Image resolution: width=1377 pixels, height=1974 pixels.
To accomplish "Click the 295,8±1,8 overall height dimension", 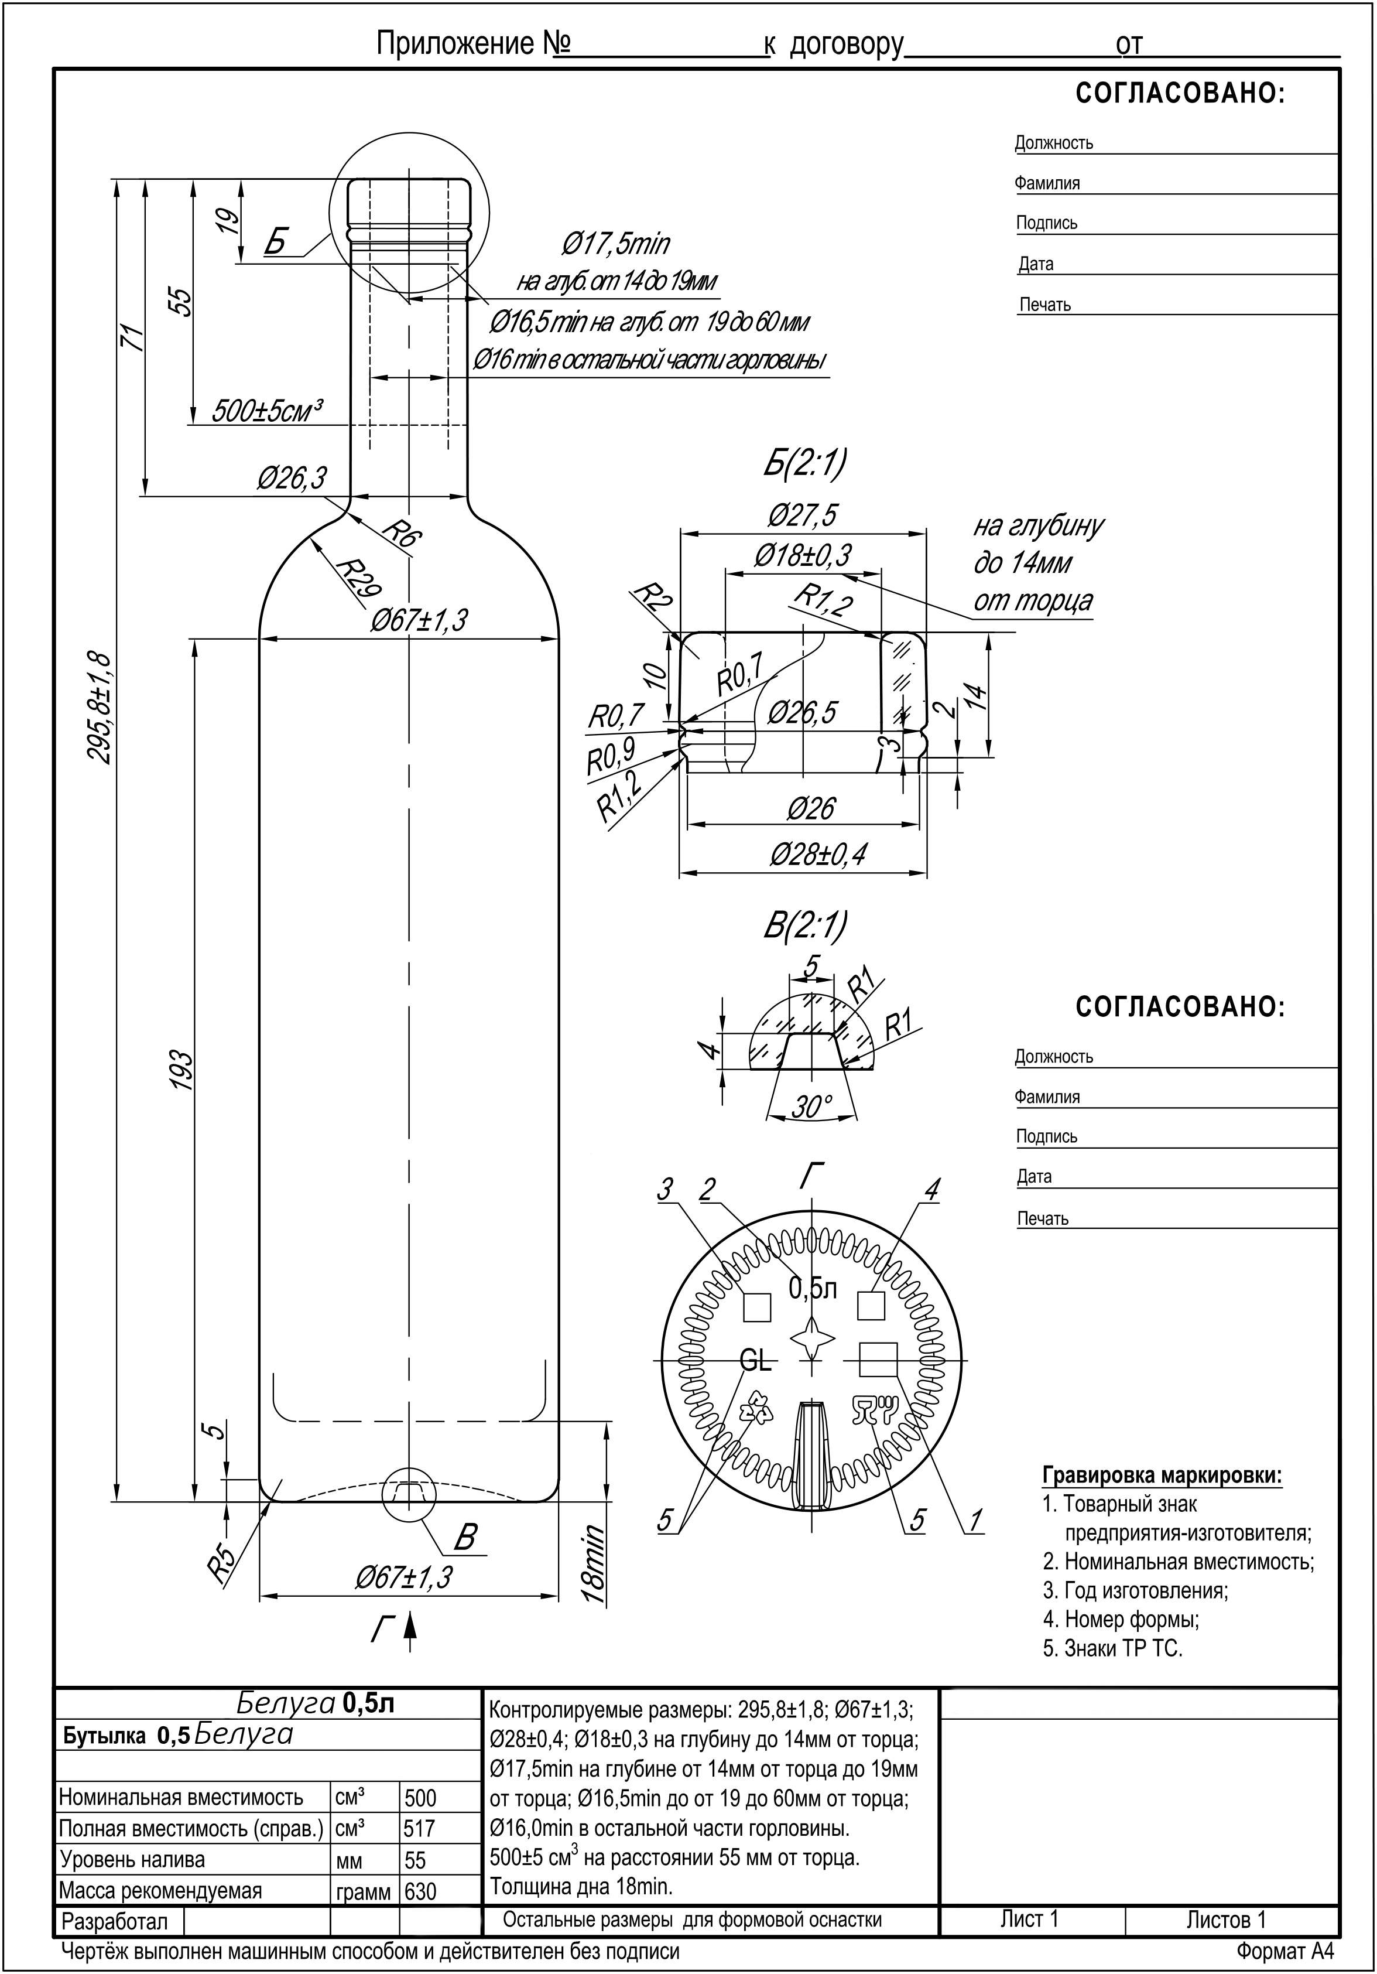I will [99, 707].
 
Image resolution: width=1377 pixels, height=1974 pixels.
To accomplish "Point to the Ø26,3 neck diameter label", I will [292, 478].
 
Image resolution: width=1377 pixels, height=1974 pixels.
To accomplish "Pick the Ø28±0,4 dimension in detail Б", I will [817, 855].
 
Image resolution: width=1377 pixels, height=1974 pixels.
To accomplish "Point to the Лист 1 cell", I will [1030, 1921].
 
